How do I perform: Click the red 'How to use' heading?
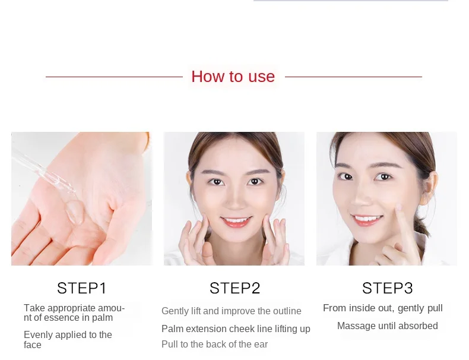pyautogui.click(x=233, y=76)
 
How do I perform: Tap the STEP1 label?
pyautogui.click(x=82, y=288)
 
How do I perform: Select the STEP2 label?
pyautogui.click(x=235, y=288)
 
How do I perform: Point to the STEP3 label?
pyautogui.click(x=387, y=288)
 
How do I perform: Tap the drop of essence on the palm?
pyautogui.click(x=75, y=211)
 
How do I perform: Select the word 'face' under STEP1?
pyautogui.click(x=32, y=345)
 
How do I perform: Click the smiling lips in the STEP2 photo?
pyautogui.click(x=236, y=222)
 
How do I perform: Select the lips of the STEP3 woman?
pyautogui.click(x=367, y=220)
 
